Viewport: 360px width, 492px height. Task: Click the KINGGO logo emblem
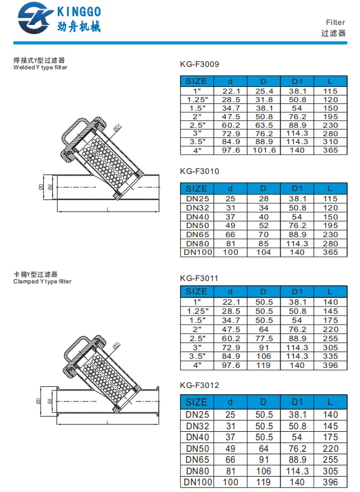click(35, 18)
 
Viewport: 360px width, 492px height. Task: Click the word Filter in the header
click(335, 23)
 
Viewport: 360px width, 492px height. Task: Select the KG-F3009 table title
click(199, 64)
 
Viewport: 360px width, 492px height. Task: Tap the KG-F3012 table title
click(199, 386)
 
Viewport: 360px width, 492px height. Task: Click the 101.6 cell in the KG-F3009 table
click(265, 150)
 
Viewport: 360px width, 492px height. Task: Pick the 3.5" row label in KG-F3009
click(198, 142)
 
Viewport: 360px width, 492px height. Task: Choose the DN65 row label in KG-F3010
click(197, 234)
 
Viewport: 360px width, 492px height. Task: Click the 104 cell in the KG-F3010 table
click(264, 252)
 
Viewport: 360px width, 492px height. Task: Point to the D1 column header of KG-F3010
click(297, 189)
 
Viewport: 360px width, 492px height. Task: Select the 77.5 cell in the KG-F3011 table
click(264, 339)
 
